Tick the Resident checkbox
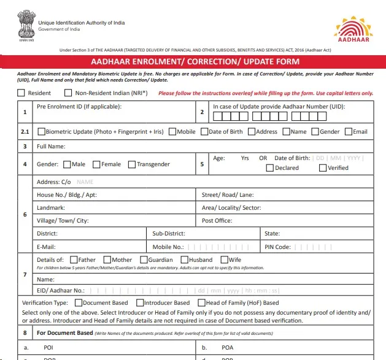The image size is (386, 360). click(x=21, y=93)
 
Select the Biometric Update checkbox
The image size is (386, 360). click(x=41, y=131)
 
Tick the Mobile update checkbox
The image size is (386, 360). click(x=172, y=131)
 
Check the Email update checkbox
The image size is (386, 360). click(x=348, y=131)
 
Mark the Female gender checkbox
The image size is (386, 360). click(x=97, y=164)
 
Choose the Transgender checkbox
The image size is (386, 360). click(x=132, y=164)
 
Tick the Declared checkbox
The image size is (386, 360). click(x=270, y=168)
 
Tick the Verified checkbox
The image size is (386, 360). click(x=323, y=168)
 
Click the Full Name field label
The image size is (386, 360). click(x=51, y=147)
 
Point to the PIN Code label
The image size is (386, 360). click(x=277, y=247)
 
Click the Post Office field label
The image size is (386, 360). click(x=217, y=221)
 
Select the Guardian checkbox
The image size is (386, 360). click(x=144, y=260)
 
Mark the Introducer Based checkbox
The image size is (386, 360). click(x=139, y=303)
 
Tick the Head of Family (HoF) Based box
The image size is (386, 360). click(x=201, y=303)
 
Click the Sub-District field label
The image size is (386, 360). click(x=169, y=234)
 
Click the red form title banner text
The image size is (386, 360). click(x=195, y=62)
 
